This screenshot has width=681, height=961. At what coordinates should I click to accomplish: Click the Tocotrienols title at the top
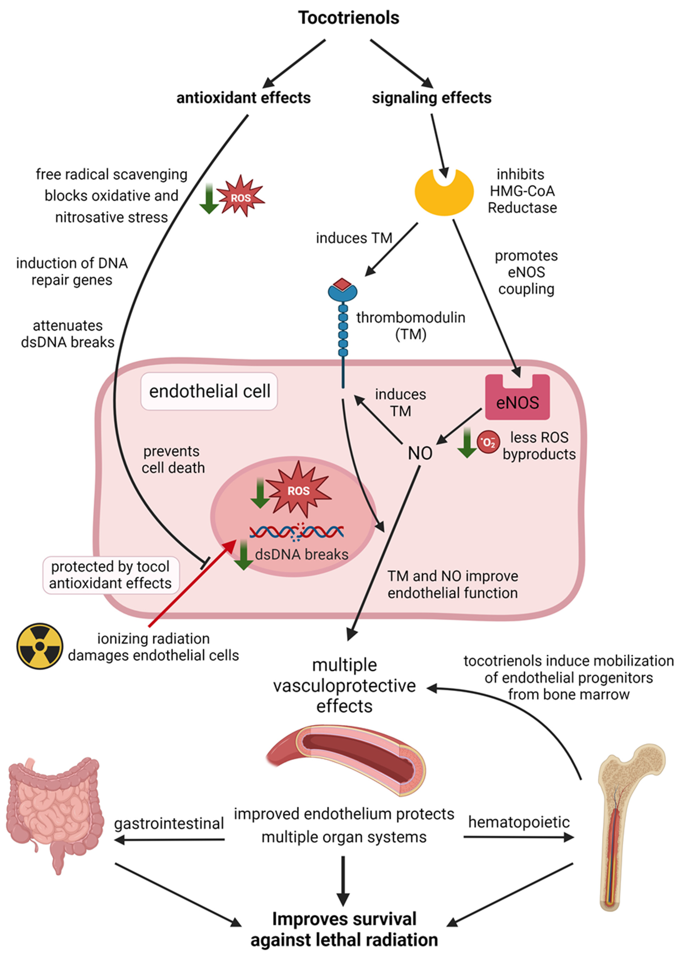(348, 18)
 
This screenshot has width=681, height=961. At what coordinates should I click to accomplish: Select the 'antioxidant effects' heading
(243, 98)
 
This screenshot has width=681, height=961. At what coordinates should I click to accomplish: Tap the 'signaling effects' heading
(432, 98)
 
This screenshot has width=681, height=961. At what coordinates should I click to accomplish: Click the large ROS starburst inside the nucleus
(298, 490)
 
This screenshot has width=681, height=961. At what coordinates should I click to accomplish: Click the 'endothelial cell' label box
(209, 391)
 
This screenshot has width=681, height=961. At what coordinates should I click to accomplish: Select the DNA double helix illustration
(297, 531)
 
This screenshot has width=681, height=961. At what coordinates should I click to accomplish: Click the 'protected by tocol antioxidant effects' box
(111, 575)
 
